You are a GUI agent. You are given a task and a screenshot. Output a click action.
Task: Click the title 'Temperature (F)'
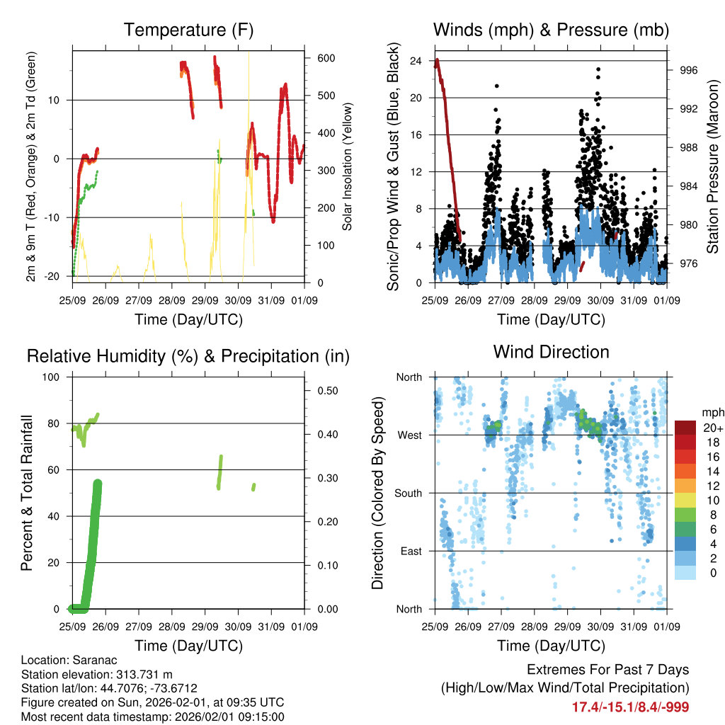[188, 30]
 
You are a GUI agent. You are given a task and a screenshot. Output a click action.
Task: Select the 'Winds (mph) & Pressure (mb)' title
[551, 30]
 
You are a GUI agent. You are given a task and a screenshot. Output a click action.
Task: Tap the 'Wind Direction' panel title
[551, 351]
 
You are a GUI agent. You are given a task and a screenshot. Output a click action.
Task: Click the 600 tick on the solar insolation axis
[325, 59]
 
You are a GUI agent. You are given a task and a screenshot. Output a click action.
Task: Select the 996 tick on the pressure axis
[689, 70]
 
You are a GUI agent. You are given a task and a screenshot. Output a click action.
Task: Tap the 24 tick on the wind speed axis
[416, 61]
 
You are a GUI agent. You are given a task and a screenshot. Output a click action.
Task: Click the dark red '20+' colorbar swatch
[685, 428]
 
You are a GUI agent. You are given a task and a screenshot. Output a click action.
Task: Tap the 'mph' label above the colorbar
[712, 412]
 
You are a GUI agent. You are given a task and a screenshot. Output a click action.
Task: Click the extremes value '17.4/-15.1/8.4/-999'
[630, 707]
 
